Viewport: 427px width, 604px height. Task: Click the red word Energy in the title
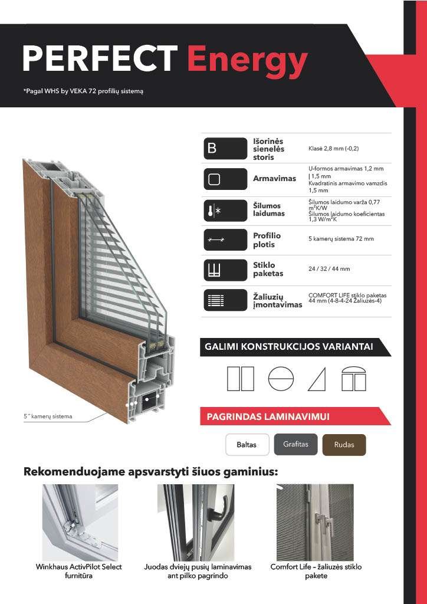(x=247, y=60)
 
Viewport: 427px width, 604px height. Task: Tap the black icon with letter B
(x=225, y=149)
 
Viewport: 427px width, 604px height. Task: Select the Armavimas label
(x=274, y=179)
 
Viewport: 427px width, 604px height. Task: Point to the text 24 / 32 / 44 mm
(x=329, y=269)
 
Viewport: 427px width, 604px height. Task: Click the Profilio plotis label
(x=267, y=240)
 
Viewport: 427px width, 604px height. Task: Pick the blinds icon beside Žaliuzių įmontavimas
(x=225, y=300)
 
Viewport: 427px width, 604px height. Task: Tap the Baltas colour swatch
(x=247, y=445)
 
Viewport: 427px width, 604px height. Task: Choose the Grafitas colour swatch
(x=295, y=444)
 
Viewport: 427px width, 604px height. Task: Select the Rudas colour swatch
(x=344, y=445)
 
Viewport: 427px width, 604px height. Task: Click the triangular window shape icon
(x=317, y=379)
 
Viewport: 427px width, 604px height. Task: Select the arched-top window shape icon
(x=354, y=379)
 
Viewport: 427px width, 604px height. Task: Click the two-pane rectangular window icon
(x=240, y=379)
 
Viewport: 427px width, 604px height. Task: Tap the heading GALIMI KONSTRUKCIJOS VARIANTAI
(x=288, y=347)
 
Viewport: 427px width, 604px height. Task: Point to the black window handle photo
(x=195, y=523)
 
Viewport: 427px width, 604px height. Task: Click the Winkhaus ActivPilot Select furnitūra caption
(x=79, y=571)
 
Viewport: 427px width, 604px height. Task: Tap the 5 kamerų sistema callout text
(x=48, y=416)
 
